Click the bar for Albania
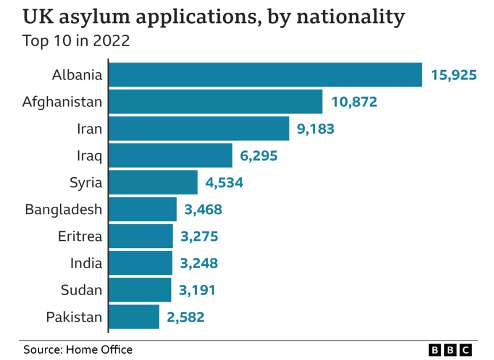[265, 75]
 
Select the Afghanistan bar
[215, 102]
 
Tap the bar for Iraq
[170, 155]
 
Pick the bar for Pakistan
[134, 316]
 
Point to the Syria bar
[153, 182]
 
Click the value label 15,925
[454, 75]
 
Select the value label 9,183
[315, 129]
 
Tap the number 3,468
[203, 210]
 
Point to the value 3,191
[197, 290]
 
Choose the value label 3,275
[199, 237]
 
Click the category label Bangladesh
[63, 210]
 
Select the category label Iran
[89, 129]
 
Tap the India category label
[86, 264]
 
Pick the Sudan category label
[81, 290]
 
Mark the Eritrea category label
[80, 237]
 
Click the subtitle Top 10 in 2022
[76, 41]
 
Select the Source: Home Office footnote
[78, 349]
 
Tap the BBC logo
[450, 349]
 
